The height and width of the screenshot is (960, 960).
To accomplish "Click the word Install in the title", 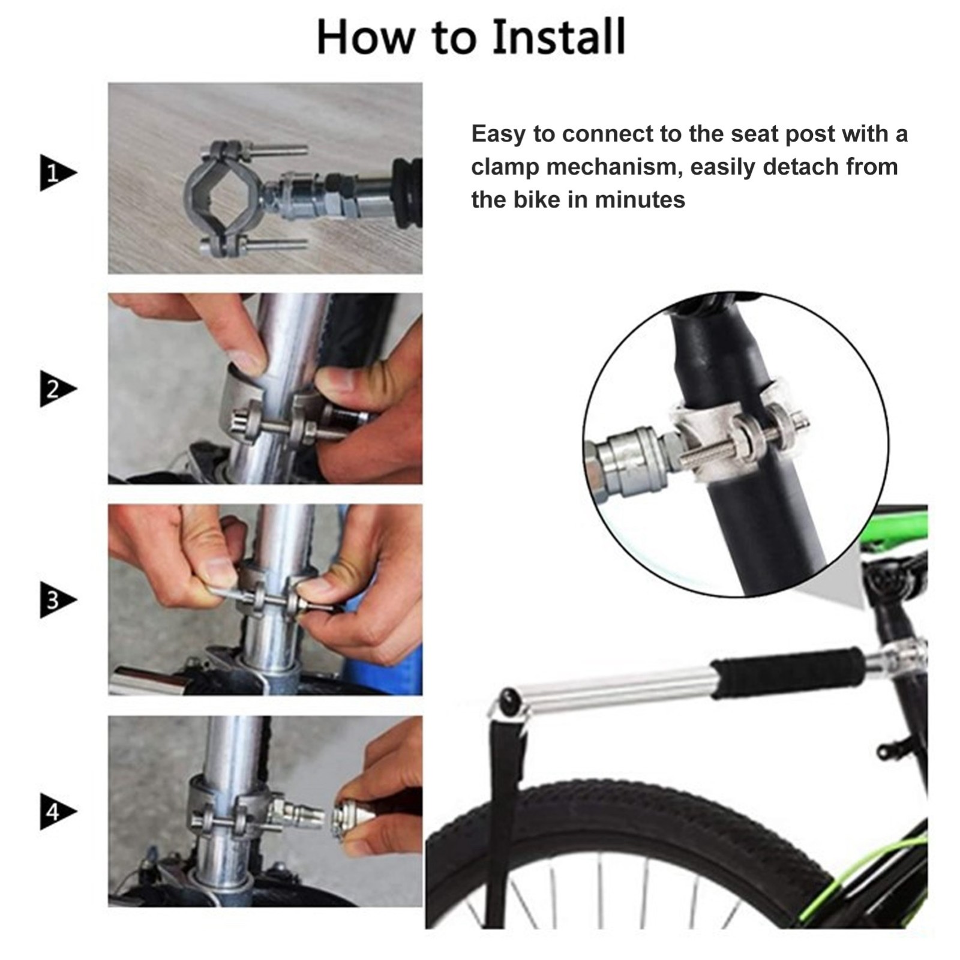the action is point(558,37).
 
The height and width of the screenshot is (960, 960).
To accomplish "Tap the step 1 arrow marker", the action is point(58,173).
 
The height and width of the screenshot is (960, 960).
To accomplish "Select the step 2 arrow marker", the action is point(58,389).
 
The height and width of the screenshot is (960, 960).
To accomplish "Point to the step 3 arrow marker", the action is point(58,599).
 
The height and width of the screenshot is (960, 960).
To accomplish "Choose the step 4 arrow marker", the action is point(58,811).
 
